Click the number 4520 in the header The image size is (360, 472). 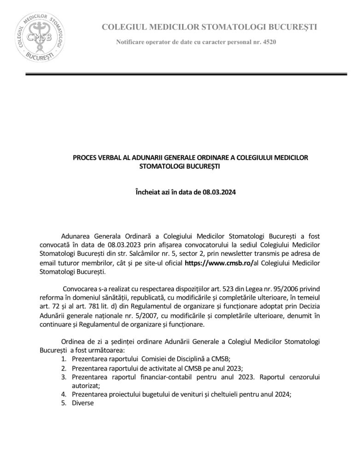[269, 42]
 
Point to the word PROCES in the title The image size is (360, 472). [84, 158]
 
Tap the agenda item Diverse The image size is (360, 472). [83, 403]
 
